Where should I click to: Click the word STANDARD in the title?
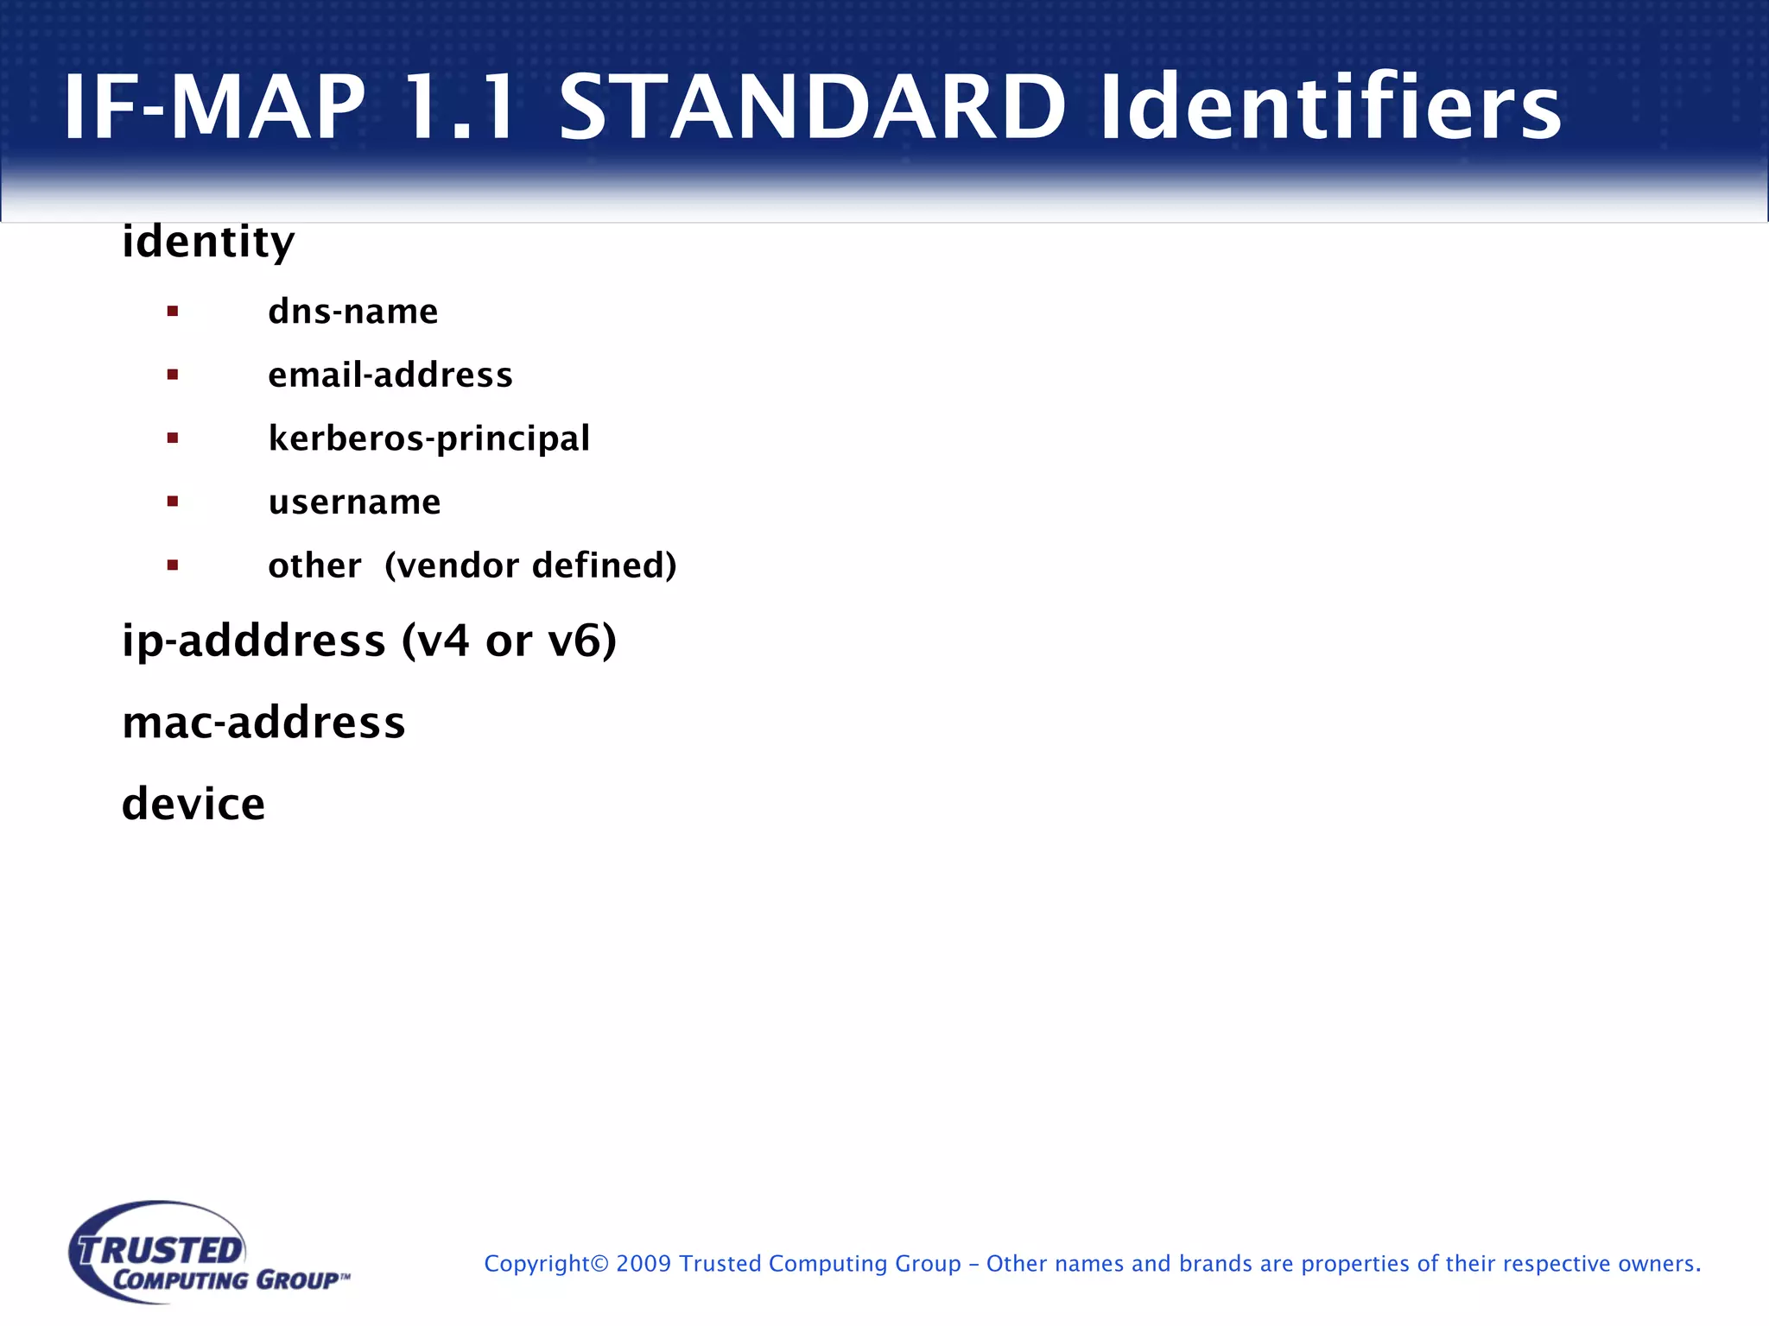[x=812, y=107]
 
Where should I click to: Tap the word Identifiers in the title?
[x=1330, y=107]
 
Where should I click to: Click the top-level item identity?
[x=208, y=242]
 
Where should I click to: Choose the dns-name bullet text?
[x=353, y=312]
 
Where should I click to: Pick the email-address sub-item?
[x=390, y=376]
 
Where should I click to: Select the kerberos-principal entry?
[x=429, y=439]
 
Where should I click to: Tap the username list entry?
[x=354, y=502]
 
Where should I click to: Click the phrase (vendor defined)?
[x=530, y=566]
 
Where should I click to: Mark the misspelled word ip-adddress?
[x=254, y=641]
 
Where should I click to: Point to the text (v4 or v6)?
[x=510, y=641]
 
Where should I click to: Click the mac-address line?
[x=263, y=723]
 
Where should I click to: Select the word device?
[x=193, y=805]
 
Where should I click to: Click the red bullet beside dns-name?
[x=173, y=312]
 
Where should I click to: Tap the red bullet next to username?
[x=173, y=502]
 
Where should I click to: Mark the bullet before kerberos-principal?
[x=173, y=439]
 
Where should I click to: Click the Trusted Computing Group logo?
[x=207, y=1253]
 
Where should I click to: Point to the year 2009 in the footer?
[x=644, y=1264]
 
